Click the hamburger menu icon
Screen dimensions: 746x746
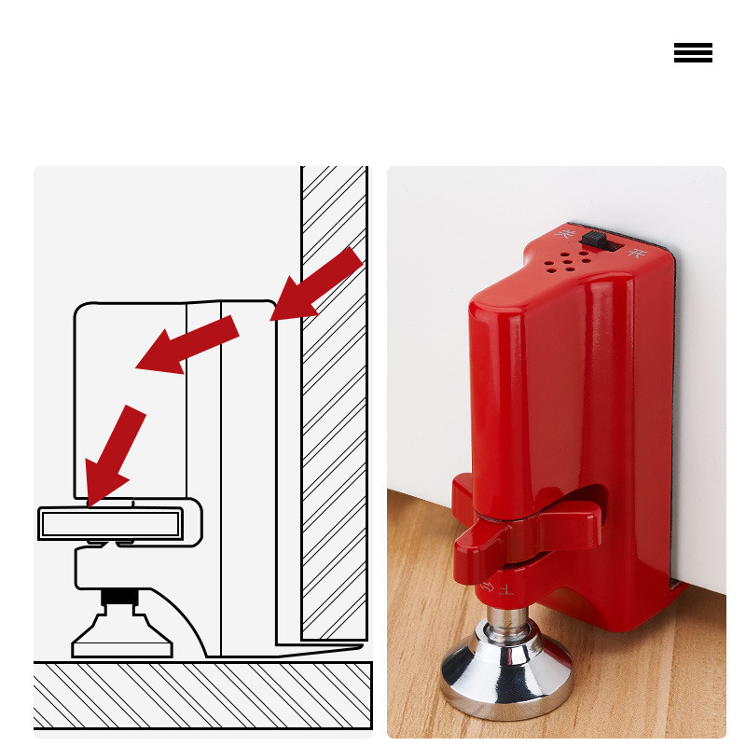pyautogui.click(x=693, y=53)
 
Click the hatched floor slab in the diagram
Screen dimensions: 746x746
pyautogui.click(x=202, y=695)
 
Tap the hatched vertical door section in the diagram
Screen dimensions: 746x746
pyautogui.click(x=333, y=401)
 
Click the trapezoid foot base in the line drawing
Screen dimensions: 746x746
pyautogui.click(x=122, y=638)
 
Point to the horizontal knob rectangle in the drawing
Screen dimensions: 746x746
pyautogui.click(x=112, y=524)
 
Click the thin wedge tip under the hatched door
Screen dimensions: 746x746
pyautogui.click(x=326, y=647)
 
